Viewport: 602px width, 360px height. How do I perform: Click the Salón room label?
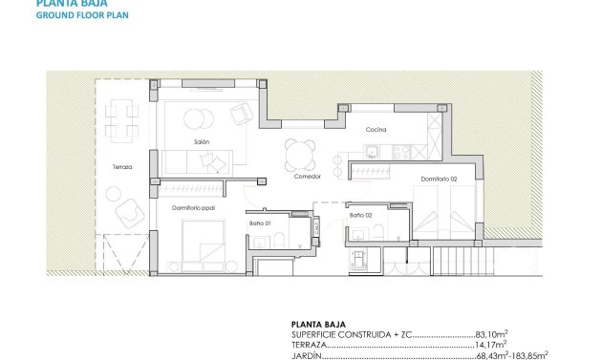tap(201, 141)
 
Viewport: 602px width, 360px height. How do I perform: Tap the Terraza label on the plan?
tap(122, 166)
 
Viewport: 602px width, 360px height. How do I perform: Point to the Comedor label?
tap(306, 177)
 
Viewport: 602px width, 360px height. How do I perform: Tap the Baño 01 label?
tap(261, 222)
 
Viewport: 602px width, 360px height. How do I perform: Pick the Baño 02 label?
tap(360, 216)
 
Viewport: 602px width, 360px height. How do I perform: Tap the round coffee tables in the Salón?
tap(198, 117)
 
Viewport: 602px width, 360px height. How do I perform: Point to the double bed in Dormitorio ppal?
tap(198, 242)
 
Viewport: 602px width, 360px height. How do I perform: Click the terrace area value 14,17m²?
tap(490, 345)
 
